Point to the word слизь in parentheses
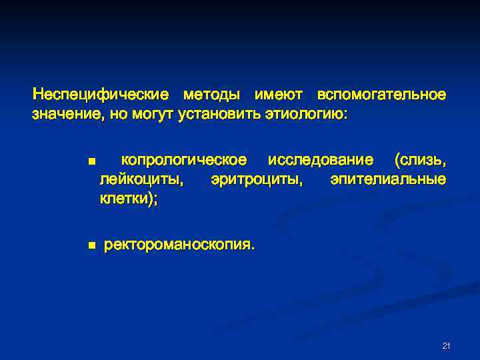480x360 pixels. pos(420,161)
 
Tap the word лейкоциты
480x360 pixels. pos(142,180)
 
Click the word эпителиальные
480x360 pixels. pos(388,180)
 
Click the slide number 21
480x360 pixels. pos(446,345)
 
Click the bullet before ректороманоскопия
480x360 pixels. pos(91,246)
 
